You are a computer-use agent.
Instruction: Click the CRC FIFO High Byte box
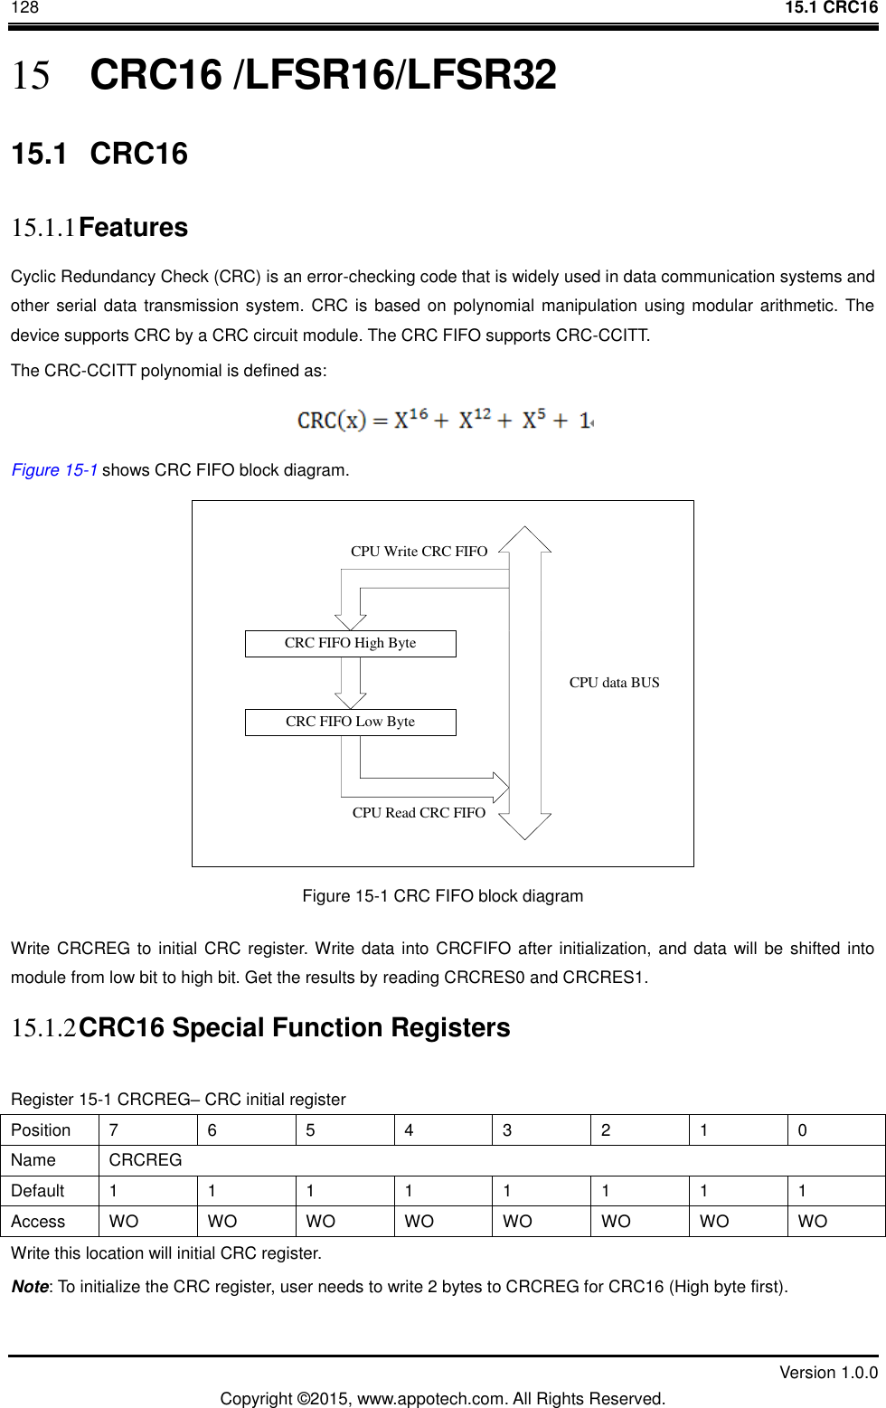pos(350,643)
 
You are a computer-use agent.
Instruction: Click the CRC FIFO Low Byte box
pos(350,722)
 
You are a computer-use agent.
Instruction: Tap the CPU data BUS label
pos(614,683)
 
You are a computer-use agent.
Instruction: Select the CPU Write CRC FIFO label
pos(419,552)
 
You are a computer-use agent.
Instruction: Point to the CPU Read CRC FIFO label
pos(419,813)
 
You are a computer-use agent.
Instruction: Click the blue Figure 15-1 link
pos(54,470)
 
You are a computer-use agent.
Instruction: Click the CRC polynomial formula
pos(445,421)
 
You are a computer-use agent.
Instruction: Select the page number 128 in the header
pos(24,8)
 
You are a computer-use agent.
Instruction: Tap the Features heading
pos(133,228)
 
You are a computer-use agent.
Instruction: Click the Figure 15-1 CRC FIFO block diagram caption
pos(442,896)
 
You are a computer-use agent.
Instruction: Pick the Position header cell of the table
pos(41,1130)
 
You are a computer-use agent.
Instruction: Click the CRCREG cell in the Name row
pos(146,1160)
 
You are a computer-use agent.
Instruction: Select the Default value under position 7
pos(114,1191)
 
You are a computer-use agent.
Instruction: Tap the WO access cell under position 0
pos(812,1222)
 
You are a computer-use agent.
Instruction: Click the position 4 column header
pos(410,1130)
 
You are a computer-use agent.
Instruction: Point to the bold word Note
pos(30,1287)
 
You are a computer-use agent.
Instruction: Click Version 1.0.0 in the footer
pos(828,1373)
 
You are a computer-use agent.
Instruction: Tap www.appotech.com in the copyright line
pos(431,1399)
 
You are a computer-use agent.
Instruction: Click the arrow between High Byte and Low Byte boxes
pos(350,683)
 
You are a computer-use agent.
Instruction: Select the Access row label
pos(38,1222)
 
